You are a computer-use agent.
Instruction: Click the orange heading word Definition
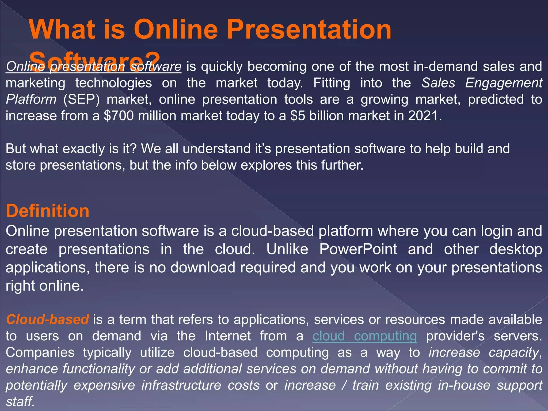pos(47,211)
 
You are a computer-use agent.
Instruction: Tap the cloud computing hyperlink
pos(364,336)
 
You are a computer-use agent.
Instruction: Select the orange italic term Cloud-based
pos(47,319)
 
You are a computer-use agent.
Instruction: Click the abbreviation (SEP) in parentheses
pos(81,100)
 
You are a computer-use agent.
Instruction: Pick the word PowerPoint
pos(358,249)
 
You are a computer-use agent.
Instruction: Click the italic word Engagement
pos(504,83)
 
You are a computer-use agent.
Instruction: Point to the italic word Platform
pos(31,100)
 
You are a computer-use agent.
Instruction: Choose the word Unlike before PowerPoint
pos(287,249)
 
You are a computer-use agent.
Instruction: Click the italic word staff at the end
pos(20,402)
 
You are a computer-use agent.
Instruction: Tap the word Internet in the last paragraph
pos(228,336)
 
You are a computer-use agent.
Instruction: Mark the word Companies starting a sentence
pos(40,353)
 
